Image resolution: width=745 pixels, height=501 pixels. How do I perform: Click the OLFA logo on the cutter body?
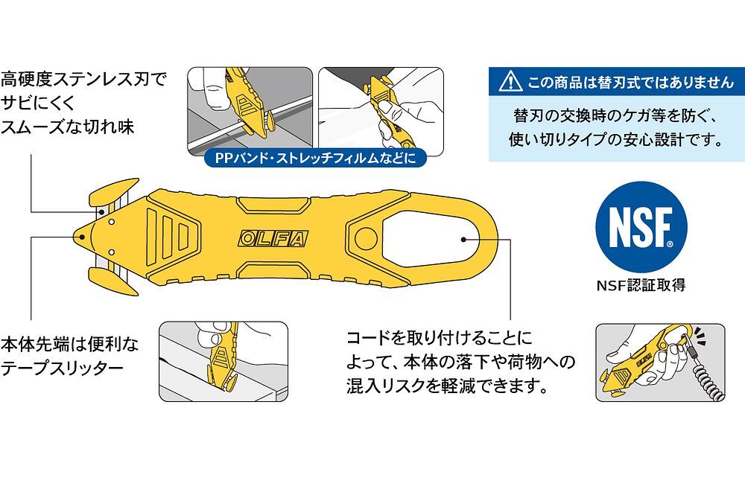(272, 239)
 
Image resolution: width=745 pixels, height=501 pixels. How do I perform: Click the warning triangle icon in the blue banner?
(510, 81)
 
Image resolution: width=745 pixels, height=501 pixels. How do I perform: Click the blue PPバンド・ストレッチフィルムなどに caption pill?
(315, 159)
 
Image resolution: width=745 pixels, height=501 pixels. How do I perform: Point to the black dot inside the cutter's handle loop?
(463, 240)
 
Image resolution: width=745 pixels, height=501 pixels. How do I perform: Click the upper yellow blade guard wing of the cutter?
(111, 193)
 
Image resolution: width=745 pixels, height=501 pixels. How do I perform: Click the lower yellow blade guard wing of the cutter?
(112, 280)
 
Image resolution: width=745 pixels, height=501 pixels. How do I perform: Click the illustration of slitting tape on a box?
(223, 360)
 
